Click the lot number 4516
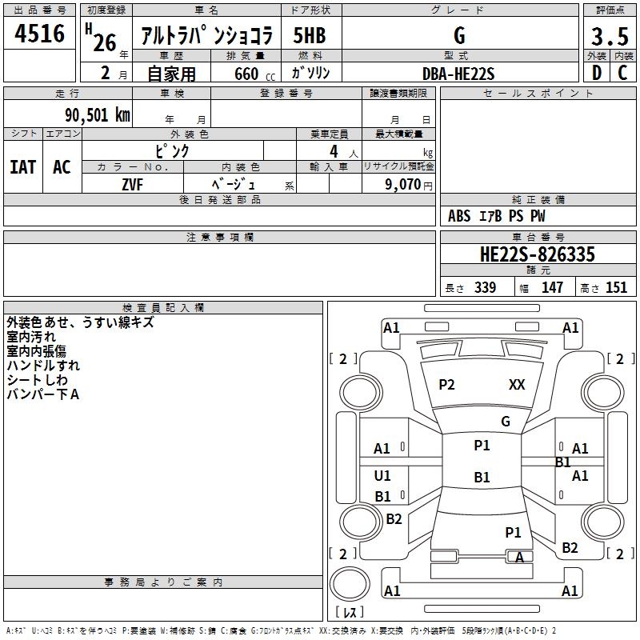40,34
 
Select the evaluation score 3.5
610,37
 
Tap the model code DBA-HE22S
458,74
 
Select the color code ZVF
132,184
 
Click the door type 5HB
310,35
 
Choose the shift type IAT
22,167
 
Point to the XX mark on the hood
517,385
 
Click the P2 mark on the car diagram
446,385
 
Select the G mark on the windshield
505,422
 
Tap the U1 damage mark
382,476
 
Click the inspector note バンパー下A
42,394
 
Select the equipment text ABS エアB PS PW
496,216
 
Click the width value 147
552,288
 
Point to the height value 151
616,288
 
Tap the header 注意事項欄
220,238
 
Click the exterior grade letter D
596,73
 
